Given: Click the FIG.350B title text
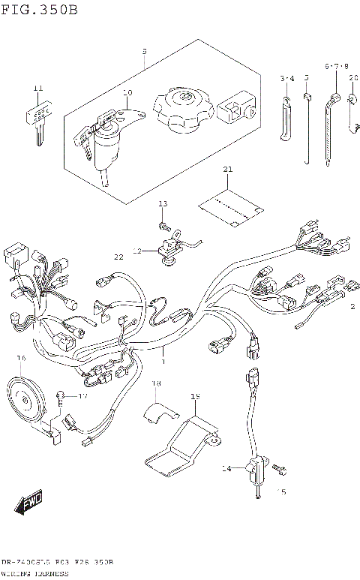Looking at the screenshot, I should (39, 10).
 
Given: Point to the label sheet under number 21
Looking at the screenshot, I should (231, 206).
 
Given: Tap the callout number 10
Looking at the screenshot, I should (127, 93).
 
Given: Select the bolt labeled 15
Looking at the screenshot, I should (280, 469).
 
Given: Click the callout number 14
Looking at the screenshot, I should (225, 469).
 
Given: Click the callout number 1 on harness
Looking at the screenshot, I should (161, 362).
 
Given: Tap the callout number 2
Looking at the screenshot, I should (350, 306).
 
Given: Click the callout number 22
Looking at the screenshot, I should (118, 257).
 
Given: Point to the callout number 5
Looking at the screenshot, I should (306, 77).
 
